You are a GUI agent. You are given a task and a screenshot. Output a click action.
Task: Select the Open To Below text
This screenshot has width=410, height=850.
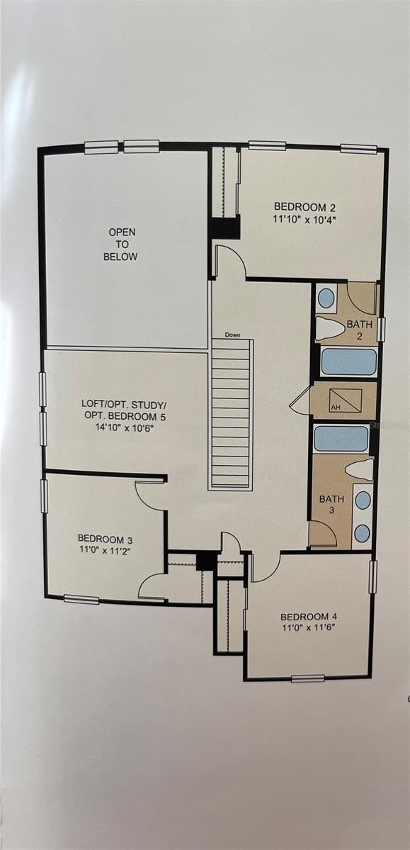click(x=121, y=245)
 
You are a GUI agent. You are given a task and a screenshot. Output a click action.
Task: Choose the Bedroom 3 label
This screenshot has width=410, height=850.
click(x=105, y=538)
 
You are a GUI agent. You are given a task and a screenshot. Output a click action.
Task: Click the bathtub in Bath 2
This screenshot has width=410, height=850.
click(x=349, y=362)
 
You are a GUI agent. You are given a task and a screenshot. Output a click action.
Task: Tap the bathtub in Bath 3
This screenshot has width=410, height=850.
click(x=341, y=439)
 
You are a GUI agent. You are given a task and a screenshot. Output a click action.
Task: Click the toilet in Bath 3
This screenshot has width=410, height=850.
click(x=360, y=469)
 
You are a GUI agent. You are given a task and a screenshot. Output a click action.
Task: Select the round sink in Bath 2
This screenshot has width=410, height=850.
click(x=326, y=297)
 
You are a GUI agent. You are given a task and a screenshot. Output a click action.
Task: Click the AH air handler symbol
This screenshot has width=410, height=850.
click(x=345, y=401)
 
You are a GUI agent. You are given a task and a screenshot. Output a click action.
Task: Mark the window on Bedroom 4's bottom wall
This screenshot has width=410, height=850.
click(x=307, y=678)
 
